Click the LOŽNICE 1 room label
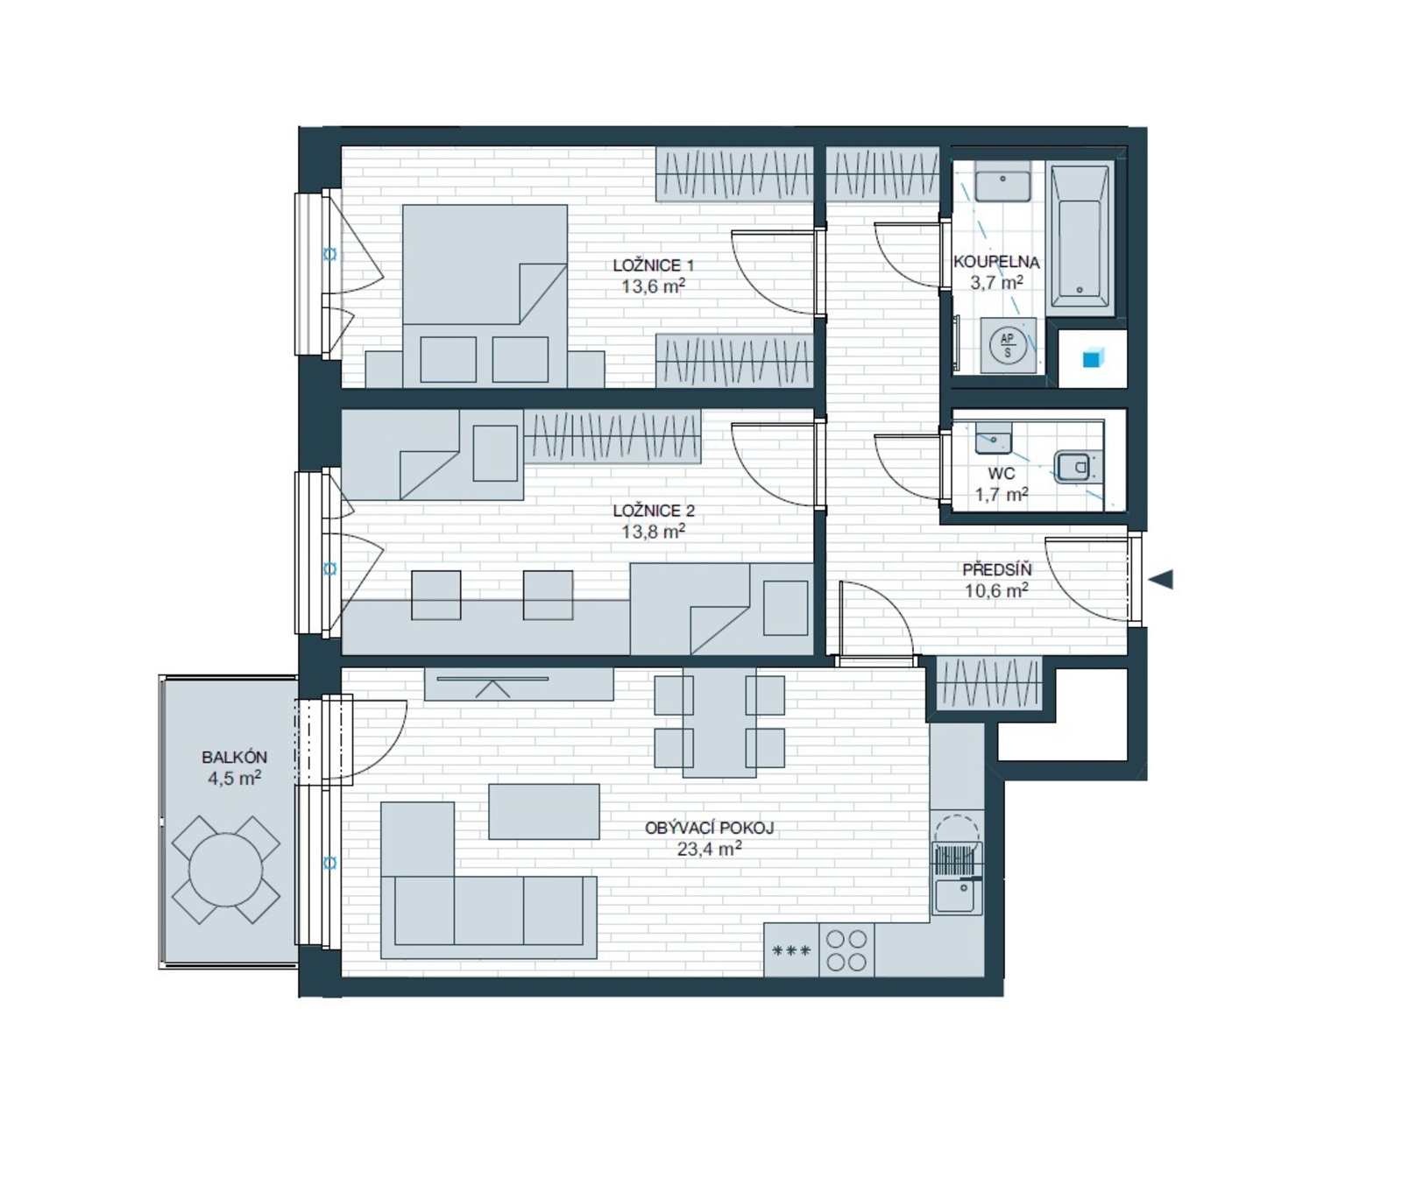click(x=653, y=265)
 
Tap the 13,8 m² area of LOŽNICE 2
click(x=653, y=531)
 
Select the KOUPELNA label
click(x=996, y=262)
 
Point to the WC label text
click(x=1002, y=474)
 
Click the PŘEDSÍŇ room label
click(x=997, y=570)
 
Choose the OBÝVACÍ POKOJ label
click(x=710, y=828)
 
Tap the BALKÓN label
click(x=234, y=758)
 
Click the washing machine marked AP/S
click(x=1008, y=345)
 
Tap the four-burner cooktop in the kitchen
click(x=846, y=950)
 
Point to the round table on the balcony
click(x=226, y=870)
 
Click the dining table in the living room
click(x=719, y=723)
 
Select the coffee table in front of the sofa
click(x=544, y=811)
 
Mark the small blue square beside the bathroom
click(x=1093, y=358)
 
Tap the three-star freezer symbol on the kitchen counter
click(x=791, y=950)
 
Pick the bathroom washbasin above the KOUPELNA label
click(x=1003, y=186)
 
